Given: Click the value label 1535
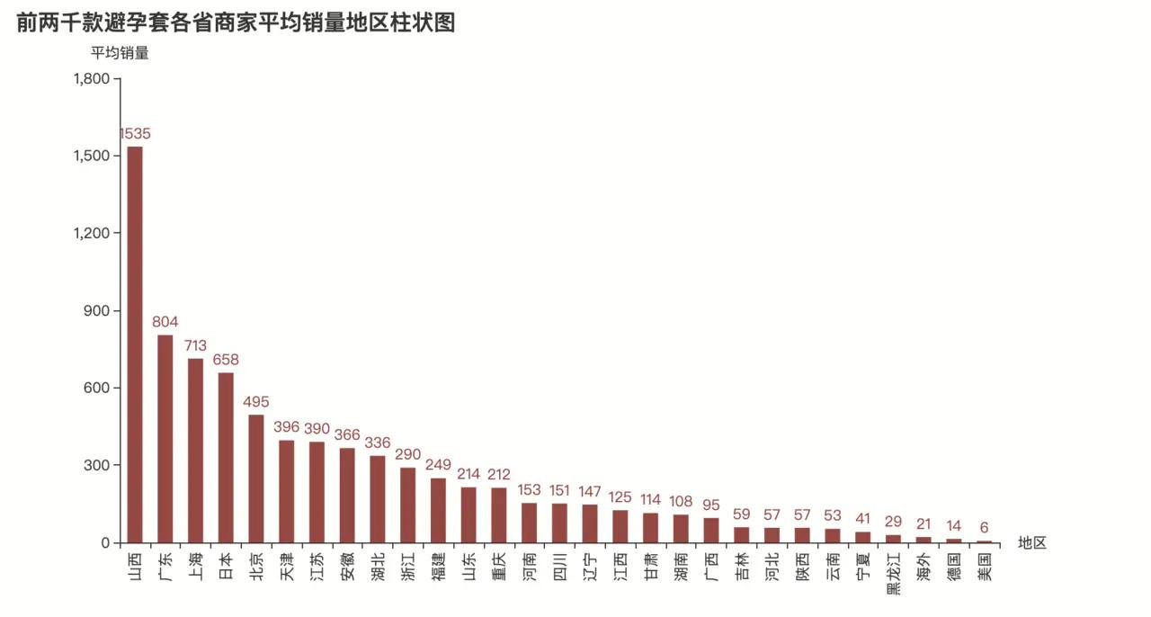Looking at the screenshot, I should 135,134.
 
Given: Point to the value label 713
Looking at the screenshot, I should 195,345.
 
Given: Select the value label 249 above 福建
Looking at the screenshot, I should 438,465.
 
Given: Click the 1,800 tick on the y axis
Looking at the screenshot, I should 91,79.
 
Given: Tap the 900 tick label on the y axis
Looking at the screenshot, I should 96,311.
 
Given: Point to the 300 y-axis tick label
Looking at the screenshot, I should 96,466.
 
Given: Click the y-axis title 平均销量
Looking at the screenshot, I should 120,53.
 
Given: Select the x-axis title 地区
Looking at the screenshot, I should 1032,542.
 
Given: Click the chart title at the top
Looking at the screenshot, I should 236,22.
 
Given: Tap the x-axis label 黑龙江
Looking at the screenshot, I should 893,576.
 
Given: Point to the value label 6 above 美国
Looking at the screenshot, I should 984,527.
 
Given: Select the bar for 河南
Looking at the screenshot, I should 529,523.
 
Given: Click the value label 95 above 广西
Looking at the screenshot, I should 711,505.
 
